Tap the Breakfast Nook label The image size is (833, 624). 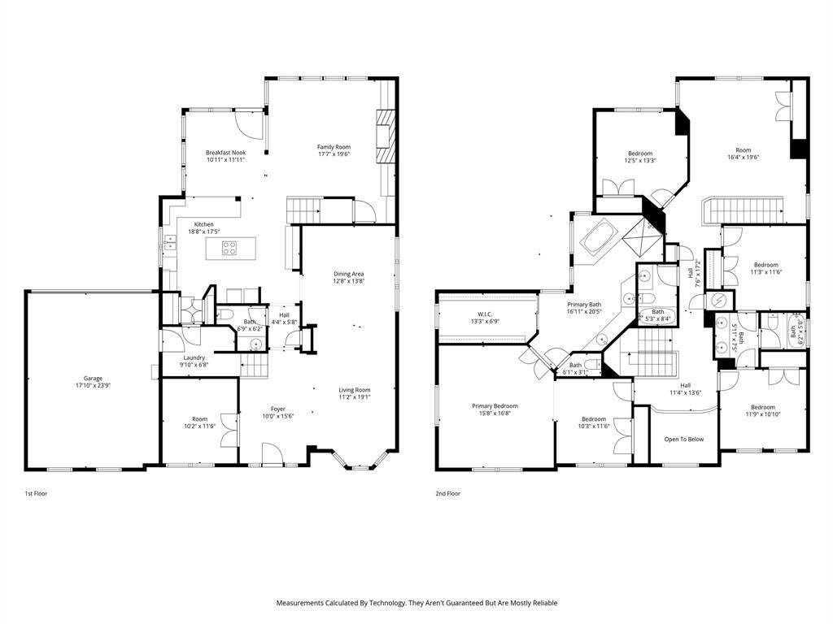click(225, 153)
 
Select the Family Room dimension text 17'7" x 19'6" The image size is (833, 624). click(334, 154)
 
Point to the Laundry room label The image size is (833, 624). click(194, 357)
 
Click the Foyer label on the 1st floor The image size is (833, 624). click(277, 409)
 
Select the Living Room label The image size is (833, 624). click(355, 390)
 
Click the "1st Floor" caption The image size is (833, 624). click(35, 493)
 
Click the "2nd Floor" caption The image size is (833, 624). click(447, 493)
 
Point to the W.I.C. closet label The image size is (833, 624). click(486, 314)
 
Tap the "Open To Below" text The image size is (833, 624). click(683, 440)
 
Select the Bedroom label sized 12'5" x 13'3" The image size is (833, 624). click(640, 153)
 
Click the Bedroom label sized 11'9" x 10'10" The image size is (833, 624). click(762, 407)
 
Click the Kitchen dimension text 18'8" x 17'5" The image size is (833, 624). click(204, 232)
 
